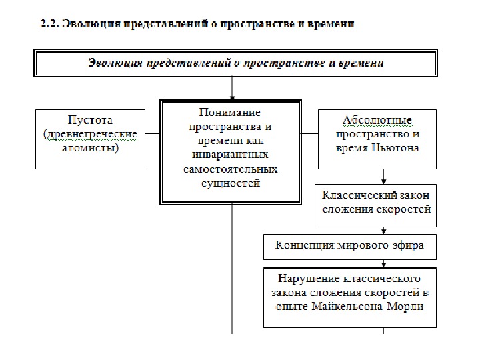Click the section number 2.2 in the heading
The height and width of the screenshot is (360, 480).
pos(49,25)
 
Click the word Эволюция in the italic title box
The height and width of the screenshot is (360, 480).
pos(114,63)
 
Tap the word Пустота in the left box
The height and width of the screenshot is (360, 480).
pos(90,120)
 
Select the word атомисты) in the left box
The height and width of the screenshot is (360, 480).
pos(90,148)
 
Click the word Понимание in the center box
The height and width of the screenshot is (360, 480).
pos(230,113)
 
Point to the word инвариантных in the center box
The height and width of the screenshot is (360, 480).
pos(230,155)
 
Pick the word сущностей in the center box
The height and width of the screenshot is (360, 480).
pos(230,183)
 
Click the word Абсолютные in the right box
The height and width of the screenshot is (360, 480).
pos(377,120)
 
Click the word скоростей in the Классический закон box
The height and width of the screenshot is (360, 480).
pos(404,209)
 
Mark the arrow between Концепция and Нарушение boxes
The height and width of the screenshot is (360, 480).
pos(384,263)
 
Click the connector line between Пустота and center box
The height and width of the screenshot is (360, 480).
pos(153,134)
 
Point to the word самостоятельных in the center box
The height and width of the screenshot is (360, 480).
pos(230,169)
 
